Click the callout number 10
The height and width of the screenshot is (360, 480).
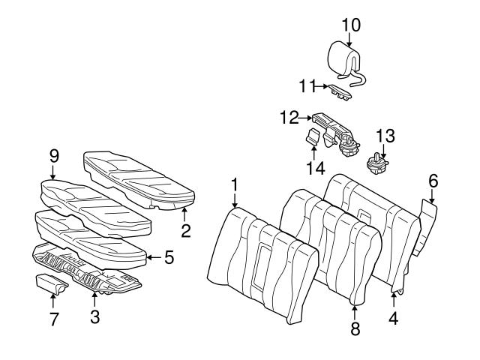[x=350, y=24]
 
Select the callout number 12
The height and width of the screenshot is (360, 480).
[x=287, y=118]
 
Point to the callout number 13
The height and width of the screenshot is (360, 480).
[x=384, y=136]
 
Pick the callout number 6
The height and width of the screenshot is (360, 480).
[x=433, y=181]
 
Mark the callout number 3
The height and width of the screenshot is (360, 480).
[x=94, y=317]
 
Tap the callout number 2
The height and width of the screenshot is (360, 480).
[x=185, y=231]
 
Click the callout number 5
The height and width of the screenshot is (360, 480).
[x=169, y=258]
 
